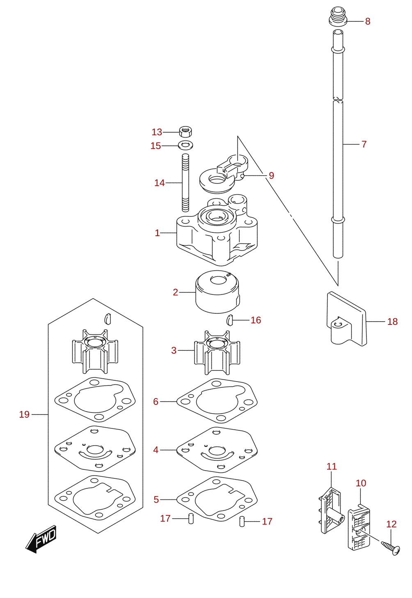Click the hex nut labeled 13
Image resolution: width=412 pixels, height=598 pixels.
pos(185,131)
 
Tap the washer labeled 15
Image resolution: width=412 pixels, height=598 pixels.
pos(185,145)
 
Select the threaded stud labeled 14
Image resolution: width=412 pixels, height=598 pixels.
pos(185,183)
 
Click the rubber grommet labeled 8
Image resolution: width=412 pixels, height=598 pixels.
pos(338,16)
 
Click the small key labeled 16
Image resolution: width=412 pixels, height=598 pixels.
pos(230,320)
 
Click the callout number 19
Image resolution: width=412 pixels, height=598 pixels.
pos(24,414)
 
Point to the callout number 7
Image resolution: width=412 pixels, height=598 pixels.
pos(364,144)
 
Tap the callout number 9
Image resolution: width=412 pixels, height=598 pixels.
pos(271,175)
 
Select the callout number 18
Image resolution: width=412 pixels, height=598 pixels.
pos(392,322)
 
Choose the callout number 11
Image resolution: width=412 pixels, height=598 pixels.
pos(332,467)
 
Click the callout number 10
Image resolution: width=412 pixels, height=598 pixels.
pos(361,483)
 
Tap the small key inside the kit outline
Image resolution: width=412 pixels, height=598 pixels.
pos(107,318)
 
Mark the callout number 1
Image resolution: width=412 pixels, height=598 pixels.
pos(157,233)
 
